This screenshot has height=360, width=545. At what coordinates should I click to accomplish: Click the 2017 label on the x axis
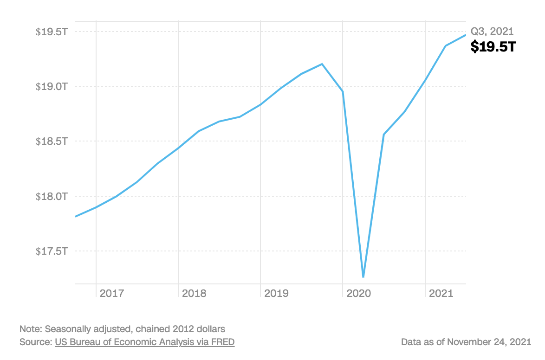click(x=112, y=294)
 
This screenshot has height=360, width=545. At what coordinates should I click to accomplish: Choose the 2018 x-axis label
click(x=194, y=294)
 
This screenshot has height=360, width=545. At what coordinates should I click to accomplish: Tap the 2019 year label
click(x=276, y=294)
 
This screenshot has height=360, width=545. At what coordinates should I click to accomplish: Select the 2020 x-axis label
click(x=359, y=294)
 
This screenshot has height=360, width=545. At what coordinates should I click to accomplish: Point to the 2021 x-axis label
click(x=441, y=294)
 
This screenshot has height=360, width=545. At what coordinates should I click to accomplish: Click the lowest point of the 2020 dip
click(x=363, y=277)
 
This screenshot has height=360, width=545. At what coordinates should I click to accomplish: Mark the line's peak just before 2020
click(x=322, y=64)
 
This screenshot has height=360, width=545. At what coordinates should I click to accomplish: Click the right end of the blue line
click(x=466, y=35)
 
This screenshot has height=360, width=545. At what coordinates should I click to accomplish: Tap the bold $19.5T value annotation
click(x=493, y=46)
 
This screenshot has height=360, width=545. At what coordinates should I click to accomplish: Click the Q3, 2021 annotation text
click(x=492, y=32)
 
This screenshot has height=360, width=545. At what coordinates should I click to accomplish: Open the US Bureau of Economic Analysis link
click(x=145, y=342)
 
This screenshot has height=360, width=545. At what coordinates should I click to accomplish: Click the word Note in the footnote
click(x=30, y=329)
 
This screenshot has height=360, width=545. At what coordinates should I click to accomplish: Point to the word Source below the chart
click(x=35, y=342)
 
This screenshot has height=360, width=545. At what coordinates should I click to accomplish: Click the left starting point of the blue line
click(x=76, y=216)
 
